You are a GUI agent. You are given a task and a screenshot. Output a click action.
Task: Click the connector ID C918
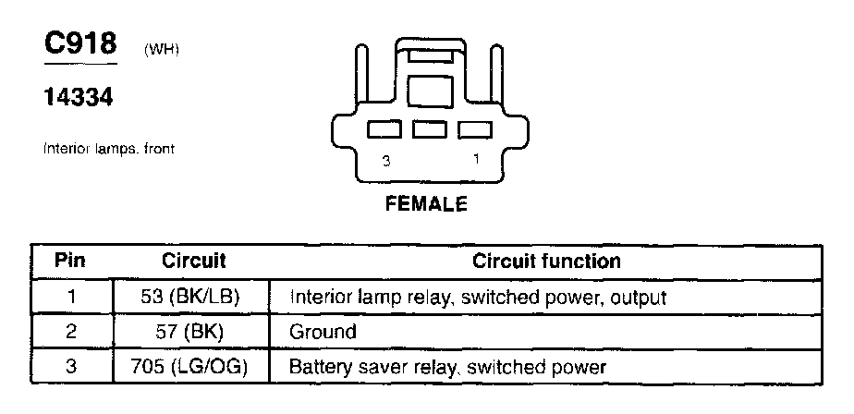[81, 45]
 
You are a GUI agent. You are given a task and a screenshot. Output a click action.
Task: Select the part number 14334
[79, 96]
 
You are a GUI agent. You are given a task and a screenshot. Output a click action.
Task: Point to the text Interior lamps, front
[108, 148]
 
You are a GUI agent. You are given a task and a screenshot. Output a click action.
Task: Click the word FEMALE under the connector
[426, 204]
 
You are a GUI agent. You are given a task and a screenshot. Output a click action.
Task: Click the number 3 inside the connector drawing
[385, 161]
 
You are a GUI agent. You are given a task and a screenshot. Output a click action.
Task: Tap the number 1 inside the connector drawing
[476, 159]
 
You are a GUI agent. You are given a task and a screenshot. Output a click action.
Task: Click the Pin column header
[70, 262]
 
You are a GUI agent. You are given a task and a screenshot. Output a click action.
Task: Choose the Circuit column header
[194, 262]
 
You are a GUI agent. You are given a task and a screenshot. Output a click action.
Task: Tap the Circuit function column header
[546, 262]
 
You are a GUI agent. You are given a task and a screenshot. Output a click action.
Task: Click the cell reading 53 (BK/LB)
[194, 298]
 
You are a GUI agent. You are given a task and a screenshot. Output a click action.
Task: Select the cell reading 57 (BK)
[194, 331]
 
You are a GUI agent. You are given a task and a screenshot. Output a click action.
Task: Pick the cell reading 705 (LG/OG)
[194, 366]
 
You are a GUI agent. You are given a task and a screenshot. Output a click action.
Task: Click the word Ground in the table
[323, 331]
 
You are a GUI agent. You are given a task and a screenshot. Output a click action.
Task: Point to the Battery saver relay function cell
[447, 366]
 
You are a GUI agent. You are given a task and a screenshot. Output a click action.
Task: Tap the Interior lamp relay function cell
[478, 298]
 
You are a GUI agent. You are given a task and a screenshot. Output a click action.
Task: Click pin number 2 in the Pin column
[70, 331]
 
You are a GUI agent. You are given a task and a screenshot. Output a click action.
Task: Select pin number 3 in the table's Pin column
[70, 366]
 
